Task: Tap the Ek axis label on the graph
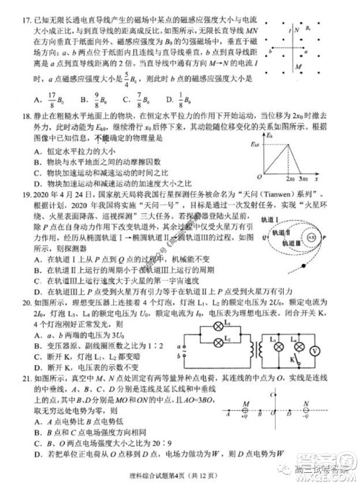pyautogui.click(x=269, y=134)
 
